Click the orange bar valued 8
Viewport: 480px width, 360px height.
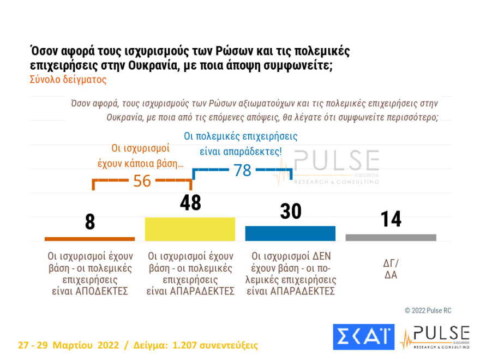89,238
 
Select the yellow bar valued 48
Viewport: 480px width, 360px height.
190,229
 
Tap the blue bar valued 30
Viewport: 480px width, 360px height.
290,233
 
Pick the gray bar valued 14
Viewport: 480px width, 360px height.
391,237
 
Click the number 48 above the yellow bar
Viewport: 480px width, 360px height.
190,203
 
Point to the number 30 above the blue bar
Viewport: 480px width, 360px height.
290,212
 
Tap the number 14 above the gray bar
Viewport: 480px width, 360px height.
391,219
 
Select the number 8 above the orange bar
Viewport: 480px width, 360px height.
90,223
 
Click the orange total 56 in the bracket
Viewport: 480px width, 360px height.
142,181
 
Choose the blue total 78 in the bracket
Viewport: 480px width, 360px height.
242,171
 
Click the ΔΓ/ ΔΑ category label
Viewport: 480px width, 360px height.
391,268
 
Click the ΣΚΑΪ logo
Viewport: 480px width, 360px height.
363,337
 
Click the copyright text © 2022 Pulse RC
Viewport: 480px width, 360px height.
428,310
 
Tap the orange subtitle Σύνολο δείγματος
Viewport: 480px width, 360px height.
68,79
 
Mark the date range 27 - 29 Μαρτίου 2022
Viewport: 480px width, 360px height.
68,345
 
